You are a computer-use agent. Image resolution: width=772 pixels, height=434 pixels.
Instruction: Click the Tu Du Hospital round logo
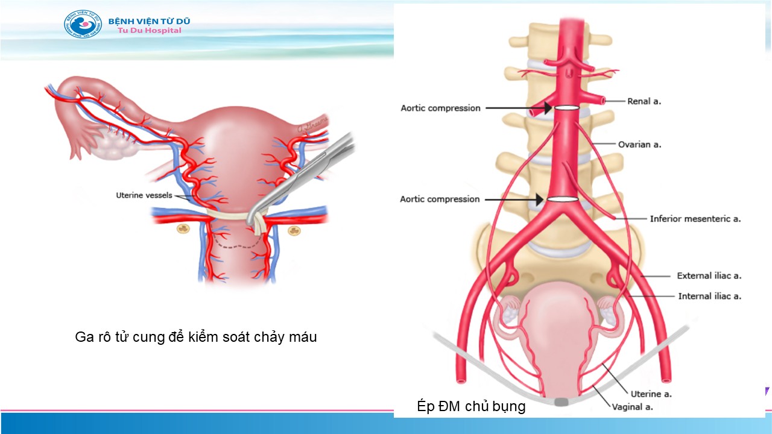(x=83, y=25)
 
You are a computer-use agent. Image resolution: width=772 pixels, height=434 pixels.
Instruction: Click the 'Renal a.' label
(x=644, y=101)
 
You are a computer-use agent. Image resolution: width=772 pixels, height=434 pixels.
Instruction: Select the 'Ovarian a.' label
(x=639, y=145)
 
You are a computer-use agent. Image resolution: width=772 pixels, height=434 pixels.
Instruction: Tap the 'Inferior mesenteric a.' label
(x=695, y=219)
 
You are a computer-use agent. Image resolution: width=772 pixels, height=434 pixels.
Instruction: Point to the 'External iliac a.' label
(x=709, y=275)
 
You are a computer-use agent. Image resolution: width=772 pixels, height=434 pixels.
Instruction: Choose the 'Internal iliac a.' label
(x=709, y=296)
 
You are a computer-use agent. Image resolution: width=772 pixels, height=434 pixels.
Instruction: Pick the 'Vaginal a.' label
(x=632, y=407)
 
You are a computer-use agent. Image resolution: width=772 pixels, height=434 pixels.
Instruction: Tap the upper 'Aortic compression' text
(x=440, y=108)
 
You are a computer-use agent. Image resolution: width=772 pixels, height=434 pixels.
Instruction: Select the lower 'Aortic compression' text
(x=440, y=199)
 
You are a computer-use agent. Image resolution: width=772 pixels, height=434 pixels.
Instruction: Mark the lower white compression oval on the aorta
(x=563, y=200)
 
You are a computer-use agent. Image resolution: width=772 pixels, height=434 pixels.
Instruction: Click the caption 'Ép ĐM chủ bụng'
(x=471, y=406)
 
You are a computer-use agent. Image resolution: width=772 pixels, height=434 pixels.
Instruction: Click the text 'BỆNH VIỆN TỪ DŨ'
(x=149, y=21)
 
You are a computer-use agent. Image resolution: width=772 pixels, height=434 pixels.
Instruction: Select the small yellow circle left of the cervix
(x=181, y=230)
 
